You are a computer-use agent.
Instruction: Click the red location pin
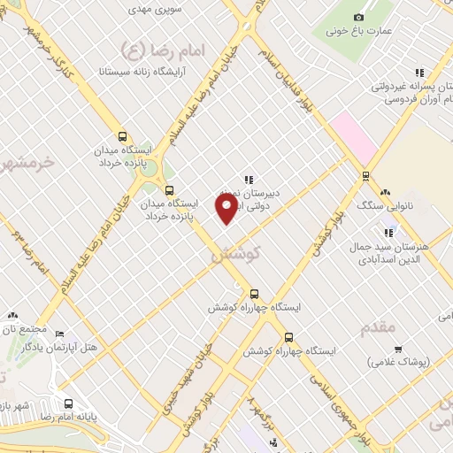227,208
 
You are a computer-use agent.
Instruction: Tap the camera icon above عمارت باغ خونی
358,17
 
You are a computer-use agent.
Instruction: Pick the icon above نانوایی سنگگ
385,192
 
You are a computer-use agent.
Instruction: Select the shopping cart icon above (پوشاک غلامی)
398,349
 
